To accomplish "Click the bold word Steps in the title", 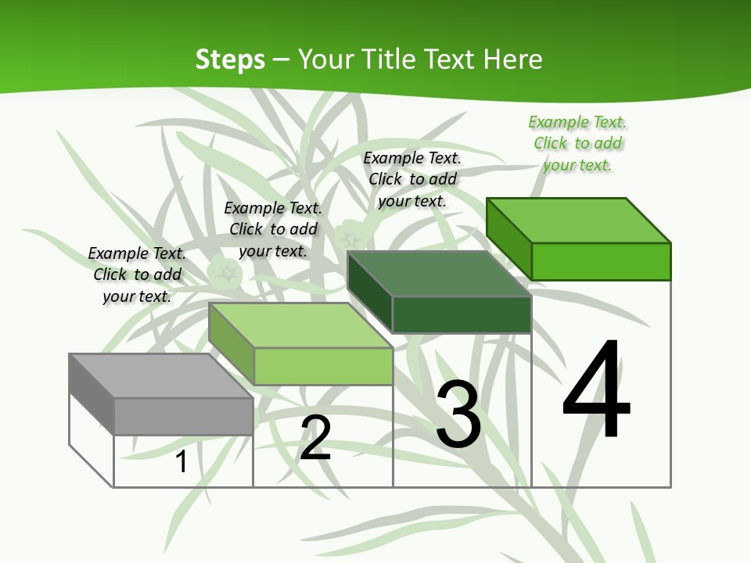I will (230, 59).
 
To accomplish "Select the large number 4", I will (596, 391).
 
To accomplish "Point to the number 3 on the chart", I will (458, 414).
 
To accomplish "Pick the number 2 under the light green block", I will (315, 438).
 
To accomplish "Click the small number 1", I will (181, 461).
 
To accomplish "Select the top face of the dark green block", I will (439, 274).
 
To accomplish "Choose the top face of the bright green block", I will (578, 220).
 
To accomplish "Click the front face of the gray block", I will (184, 416).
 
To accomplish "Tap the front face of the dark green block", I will (462, 314).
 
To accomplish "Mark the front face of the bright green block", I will (601, 261).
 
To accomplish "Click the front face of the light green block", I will (323, 366).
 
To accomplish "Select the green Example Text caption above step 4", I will (577, 143).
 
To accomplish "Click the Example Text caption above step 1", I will (137, 274).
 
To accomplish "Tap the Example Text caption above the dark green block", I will (412, 179).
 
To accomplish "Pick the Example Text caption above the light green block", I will (273, 229).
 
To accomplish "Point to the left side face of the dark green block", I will (369, 291).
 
